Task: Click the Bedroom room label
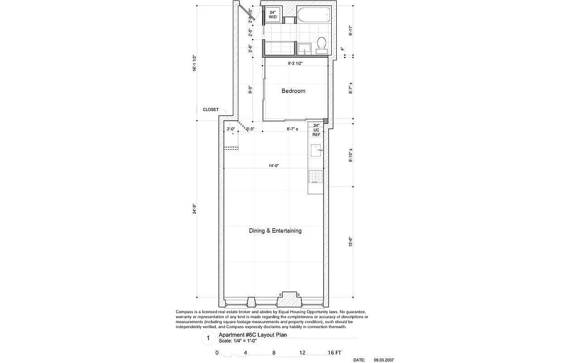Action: [x=293, y=91]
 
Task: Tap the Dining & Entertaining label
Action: [x=275, y=231]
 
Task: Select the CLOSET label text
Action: [x=210, y=109]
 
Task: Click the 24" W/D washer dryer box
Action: [x=273, y=15]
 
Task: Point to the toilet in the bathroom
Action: [x=322, y=44]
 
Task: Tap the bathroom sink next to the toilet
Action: [x=303, y=48]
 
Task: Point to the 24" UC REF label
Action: [x=316, y=130]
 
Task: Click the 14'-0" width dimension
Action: [x=273, y=166]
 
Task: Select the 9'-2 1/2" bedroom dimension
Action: [x=295, y=64]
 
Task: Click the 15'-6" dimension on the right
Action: [x=350, y=241]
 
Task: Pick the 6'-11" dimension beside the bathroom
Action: [x=350, y=30]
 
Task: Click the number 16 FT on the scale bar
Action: [x=334, y=353]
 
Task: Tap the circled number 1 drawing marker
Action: [x=208, y=338]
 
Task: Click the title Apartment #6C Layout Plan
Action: [x=259, y=335]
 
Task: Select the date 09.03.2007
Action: [x=383, y=360]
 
